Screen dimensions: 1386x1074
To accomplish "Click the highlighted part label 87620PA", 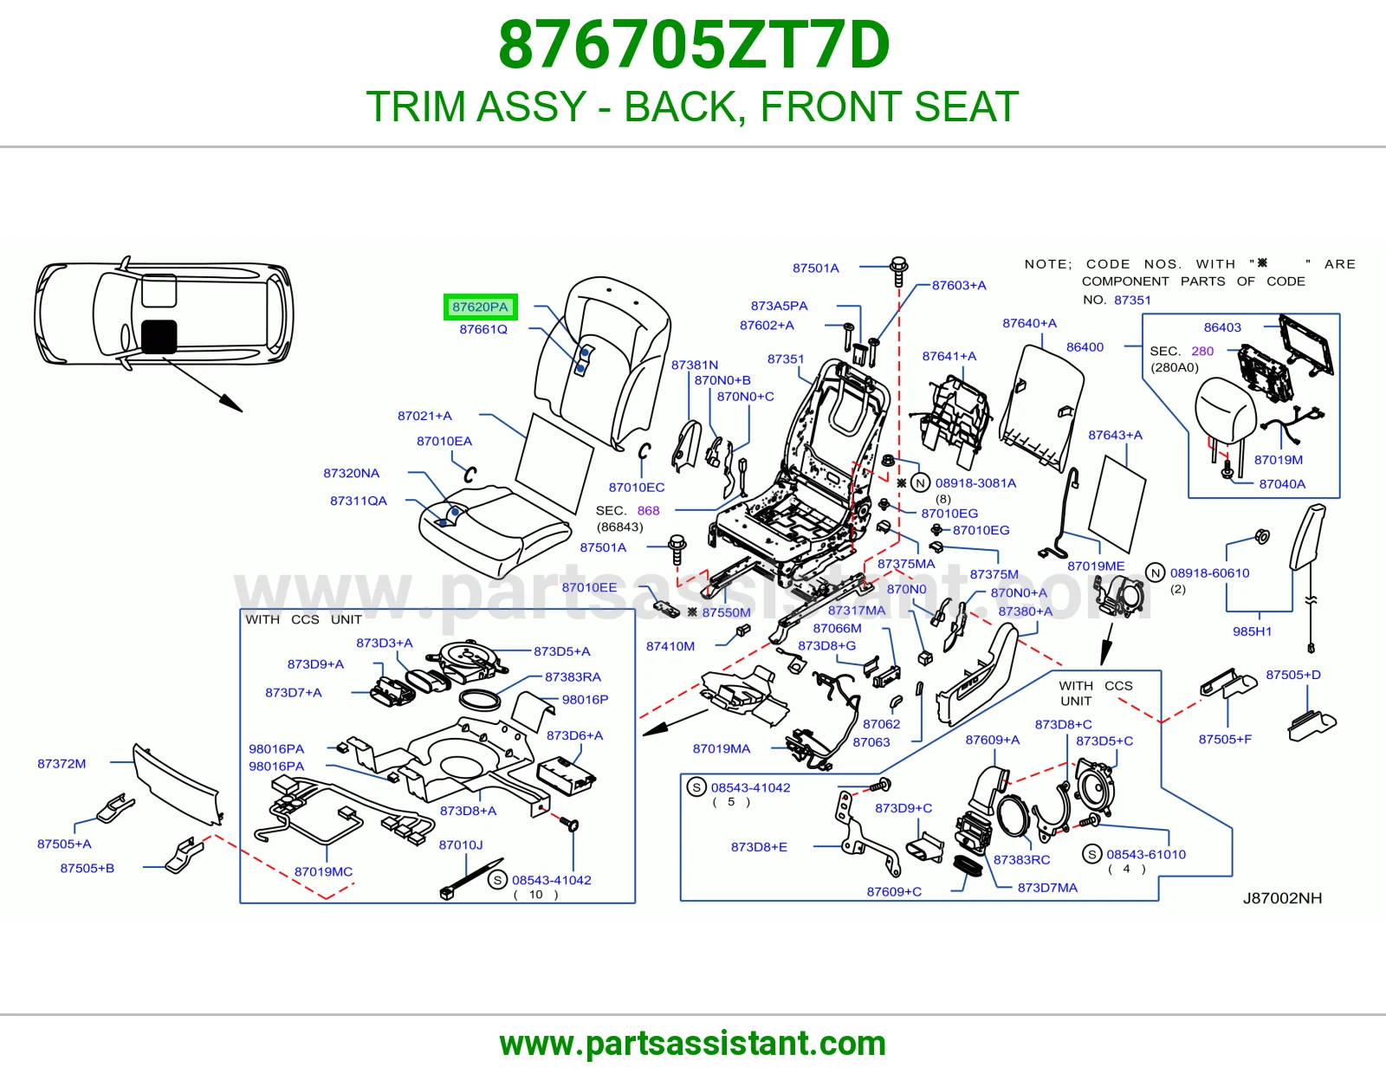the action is point(480,307).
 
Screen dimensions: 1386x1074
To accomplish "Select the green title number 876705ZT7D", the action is point(693,45).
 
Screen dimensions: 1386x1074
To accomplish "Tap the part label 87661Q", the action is point(483,330).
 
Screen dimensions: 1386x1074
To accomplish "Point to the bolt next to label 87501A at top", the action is point(898,272).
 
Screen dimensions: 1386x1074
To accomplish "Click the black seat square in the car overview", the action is point(159,336).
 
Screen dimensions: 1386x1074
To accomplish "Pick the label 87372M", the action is point(62,763).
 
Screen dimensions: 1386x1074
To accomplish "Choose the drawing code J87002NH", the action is point(1282,898).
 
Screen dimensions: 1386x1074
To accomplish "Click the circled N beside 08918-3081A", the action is point(920,483).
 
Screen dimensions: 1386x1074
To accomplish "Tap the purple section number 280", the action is point(1202,351).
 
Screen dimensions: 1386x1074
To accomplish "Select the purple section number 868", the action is point(648,510).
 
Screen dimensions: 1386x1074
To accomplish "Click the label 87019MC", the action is point(323,872).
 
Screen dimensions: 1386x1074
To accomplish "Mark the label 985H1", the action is point(1252,631).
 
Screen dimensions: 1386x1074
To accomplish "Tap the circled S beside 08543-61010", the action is point(1092,854).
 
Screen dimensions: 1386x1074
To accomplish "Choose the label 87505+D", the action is point(1292,675).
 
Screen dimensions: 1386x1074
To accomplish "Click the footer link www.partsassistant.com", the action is point(693,1044).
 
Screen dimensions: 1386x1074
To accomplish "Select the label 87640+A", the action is point(1029,323).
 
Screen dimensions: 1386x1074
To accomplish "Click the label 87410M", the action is point(670,646).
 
